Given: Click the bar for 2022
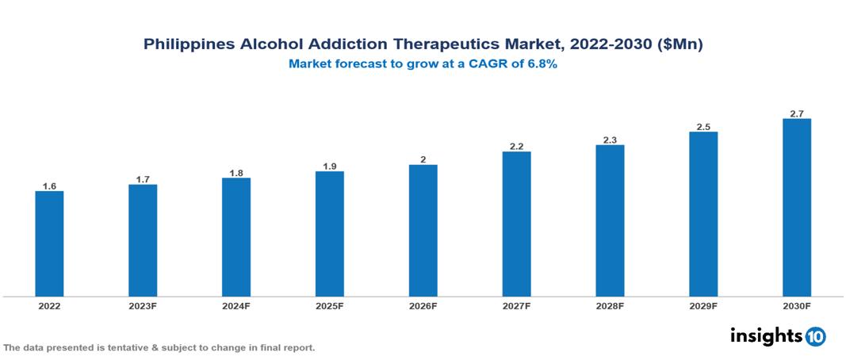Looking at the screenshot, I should tap(49, 243).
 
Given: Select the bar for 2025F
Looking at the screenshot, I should tap(330, 234).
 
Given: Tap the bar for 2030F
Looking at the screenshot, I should tap(797, 208).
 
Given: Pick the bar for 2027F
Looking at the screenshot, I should tap(516, 224).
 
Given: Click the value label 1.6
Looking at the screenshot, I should tap(49, 186).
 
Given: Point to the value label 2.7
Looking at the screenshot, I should tap(797, 113).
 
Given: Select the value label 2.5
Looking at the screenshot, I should tap(703, 126).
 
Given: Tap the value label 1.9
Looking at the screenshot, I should tap(330, 166).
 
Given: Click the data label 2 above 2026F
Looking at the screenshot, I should tap(423, 159).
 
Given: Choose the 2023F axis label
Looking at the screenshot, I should tap(143, 305).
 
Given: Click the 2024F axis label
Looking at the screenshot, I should tap(236, 305).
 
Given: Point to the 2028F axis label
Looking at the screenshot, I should tap(610, 305).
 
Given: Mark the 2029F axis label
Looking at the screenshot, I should tap(703, 305).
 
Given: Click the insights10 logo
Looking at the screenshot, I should tap(777, 336).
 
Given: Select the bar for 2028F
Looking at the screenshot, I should tap(610, 220).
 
